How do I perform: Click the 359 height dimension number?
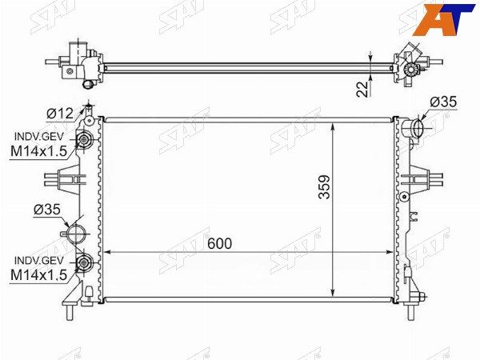point(324,187)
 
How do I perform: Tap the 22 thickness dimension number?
point(363,89)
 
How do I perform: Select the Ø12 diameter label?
point(60,114)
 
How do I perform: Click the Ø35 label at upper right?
point(443,102)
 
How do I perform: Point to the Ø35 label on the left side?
point(47,210)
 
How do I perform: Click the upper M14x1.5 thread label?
point(38,151)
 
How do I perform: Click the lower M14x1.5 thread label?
point(38,275)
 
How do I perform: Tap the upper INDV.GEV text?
point(39,137)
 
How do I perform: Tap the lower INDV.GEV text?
point(39,261)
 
